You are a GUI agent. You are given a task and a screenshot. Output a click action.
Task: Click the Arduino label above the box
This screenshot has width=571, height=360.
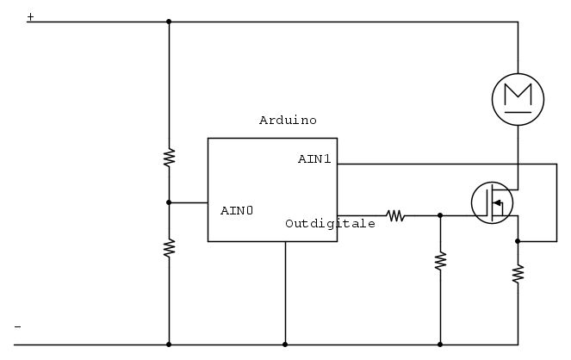click(288, 120)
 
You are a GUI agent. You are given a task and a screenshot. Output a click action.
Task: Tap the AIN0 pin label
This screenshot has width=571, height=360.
click(237, 210)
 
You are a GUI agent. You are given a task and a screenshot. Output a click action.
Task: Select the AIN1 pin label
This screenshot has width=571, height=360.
click(314, 158)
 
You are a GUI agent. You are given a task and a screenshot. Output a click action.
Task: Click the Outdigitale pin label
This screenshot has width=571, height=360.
click(331, 224)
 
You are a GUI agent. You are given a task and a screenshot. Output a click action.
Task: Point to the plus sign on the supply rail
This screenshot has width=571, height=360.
click(31, 16)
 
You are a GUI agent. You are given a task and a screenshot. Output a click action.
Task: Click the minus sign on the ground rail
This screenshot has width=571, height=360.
click(17, 327)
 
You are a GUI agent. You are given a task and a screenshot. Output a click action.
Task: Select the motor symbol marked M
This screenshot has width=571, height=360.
click(518, 99)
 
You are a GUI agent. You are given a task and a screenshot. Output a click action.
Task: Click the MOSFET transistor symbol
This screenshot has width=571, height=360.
click(493, 202)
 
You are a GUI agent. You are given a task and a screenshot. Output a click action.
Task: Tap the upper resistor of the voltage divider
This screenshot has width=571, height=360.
click(169, 158)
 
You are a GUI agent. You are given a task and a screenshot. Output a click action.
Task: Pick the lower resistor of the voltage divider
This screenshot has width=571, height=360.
click(169, 248)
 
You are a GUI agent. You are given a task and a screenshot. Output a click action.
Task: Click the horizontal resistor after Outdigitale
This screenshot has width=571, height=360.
click(395, 215)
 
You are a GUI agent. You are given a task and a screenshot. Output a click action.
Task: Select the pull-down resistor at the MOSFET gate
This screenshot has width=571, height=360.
click(440, 261)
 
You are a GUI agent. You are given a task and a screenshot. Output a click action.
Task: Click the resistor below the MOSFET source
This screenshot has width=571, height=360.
click(518, 274)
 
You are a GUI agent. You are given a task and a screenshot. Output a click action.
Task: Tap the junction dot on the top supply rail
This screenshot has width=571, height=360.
click(169, 22)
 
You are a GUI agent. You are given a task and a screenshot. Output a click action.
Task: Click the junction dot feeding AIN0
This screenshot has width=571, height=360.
click(169, 202)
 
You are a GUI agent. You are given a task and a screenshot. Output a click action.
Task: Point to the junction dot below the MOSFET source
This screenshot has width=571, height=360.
click(518, 241)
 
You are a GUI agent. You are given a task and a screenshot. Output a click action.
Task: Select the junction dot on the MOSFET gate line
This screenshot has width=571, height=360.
click(440, 215)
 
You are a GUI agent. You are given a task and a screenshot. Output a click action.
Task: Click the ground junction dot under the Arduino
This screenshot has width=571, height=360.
click(285, 344)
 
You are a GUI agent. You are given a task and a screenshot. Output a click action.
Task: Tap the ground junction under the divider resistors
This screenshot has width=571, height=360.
click(169, 344)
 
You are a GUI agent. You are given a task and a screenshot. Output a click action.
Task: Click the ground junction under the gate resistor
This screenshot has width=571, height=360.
click(440, 344)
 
